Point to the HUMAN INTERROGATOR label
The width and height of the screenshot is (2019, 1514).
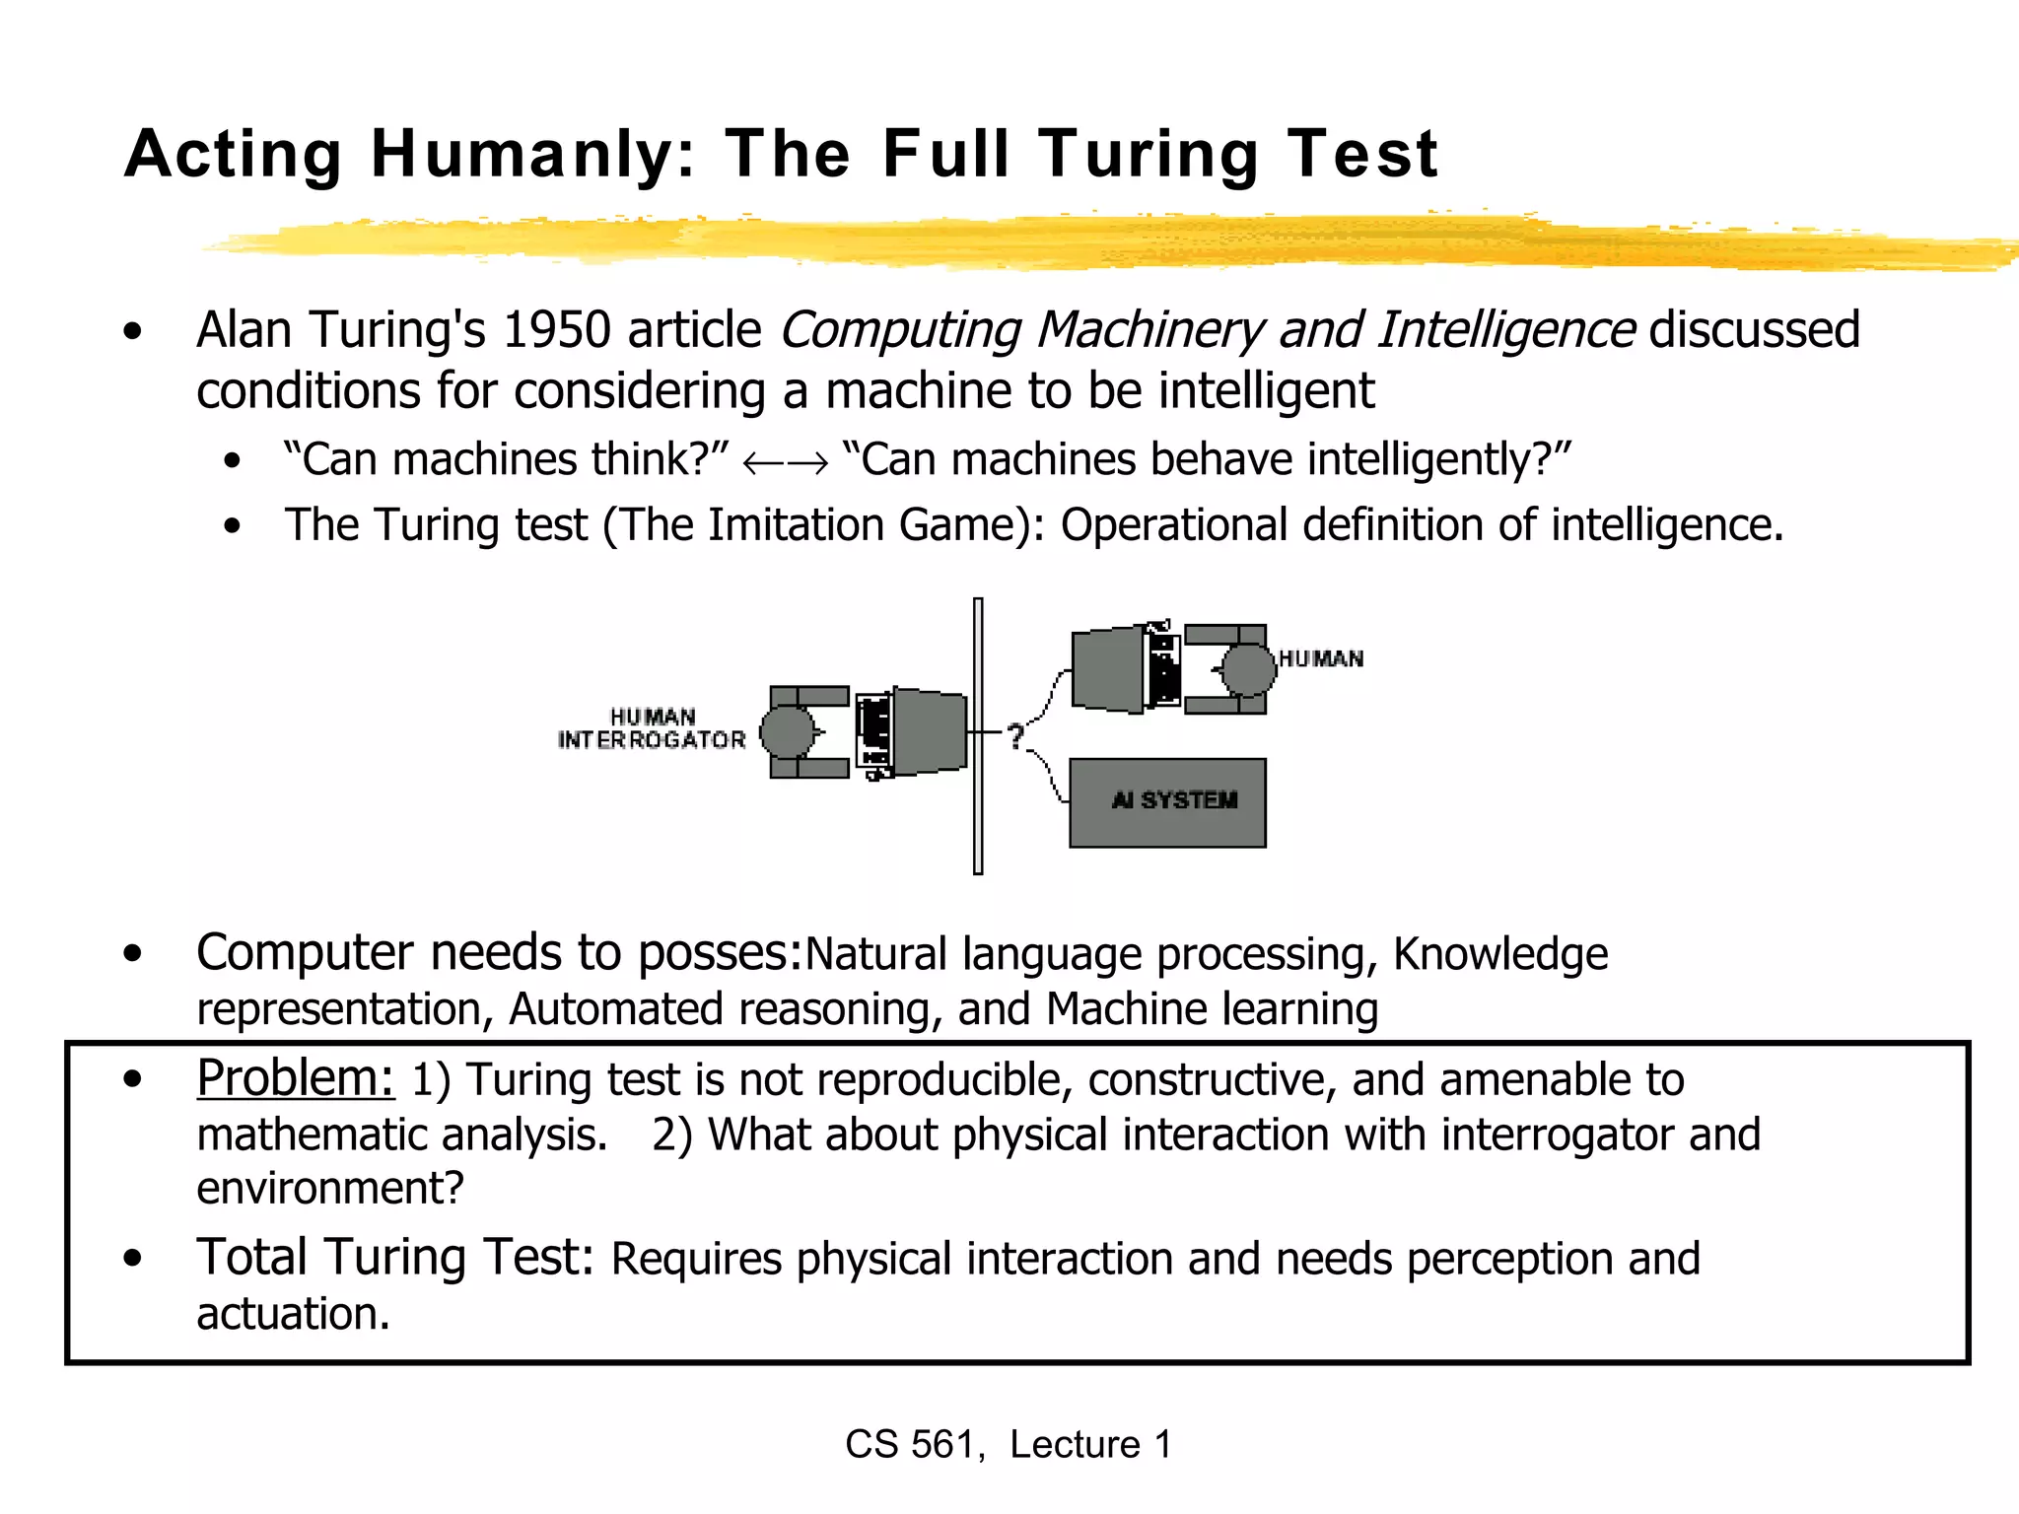653,729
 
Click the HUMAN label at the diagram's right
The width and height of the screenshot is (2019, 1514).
1321,658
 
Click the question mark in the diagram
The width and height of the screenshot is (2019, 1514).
1015,735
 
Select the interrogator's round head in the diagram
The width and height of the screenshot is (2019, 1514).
787,732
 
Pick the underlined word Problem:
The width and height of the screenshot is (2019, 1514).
295,1077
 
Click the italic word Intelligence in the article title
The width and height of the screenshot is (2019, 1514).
1506,330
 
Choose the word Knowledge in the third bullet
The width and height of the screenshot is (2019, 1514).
1500,954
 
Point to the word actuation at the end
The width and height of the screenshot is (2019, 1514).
293,1314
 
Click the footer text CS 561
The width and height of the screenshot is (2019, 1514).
913,1445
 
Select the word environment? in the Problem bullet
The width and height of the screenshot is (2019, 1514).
330,1189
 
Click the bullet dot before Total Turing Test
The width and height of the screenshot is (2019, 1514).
133,1259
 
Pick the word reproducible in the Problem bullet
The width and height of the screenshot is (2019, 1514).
944,1080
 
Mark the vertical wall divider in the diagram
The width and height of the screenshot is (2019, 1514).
978,735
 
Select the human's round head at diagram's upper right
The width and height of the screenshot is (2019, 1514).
1249,669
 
